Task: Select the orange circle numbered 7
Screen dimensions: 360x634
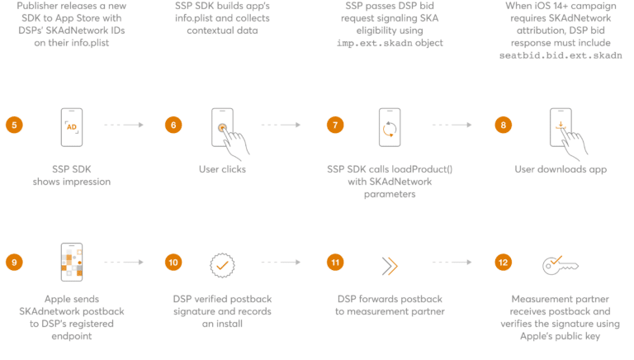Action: (334, 125)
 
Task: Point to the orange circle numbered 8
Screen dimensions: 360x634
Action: (502, 125)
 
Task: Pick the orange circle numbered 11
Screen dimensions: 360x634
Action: (334, 263)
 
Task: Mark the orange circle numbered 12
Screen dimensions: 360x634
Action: (502, 263)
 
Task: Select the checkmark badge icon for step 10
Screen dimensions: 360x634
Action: (222, 265)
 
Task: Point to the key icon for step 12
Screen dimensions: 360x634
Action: (561, 265)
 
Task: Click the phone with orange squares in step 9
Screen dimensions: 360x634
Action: (72, 263)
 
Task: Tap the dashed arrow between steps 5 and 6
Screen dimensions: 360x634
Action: (124, 125)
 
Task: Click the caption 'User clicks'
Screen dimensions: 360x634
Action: (222, 169)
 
